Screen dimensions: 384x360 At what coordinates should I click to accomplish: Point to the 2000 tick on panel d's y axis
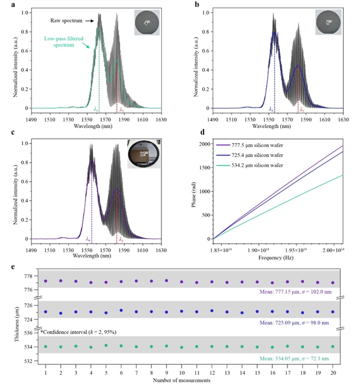[204, 144]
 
